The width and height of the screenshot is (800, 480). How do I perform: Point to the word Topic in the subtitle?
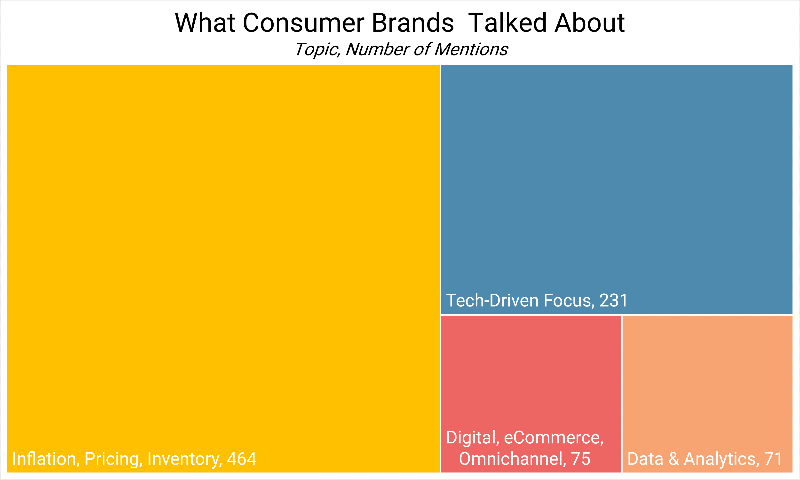click(x=317, y=49)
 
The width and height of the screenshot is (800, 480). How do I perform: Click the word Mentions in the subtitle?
click(x=471, y=49)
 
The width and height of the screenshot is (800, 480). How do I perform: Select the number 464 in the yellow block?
click(x=242, y=459)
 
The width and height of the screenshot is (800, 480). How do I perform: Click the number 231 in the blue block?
click(x=613, y=300)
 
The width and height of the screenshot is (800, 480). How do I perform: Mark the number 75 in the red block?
click(x=581, y=459)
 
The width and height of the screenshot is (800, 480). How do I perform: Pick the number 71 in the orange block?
click(x=774, y=459)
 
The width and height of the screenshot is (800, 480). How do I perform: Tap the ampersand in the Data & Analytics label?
click(x=674, y=459)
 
